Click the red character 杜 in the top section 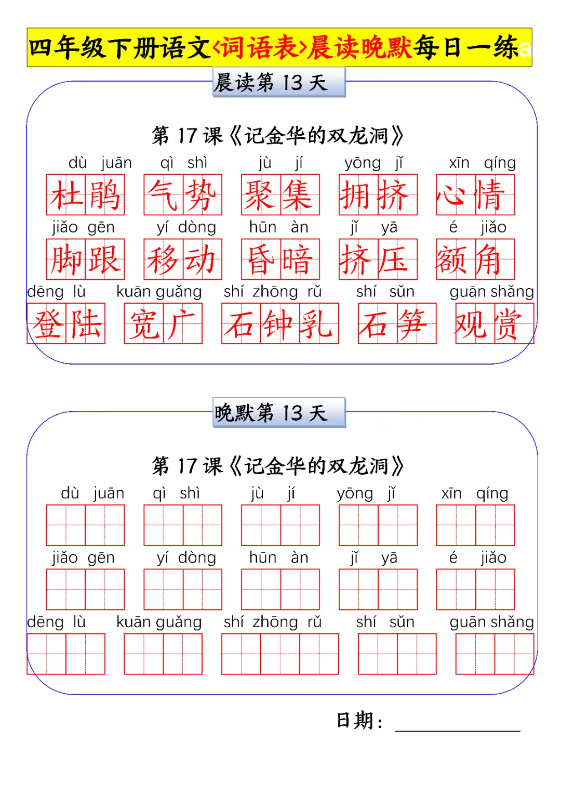[66, 195]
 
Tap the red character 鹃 [105, 195]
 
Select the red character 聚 [261, 195]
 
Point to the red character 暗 [300, 259]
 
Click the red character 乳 [319, 324]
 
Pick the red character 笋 [417, 324]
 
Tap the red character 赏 [514, 324]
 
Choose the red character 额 [456, 259]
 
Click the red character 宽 [144, 324]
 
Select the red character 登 [47, 324]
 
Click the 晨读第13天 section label [279, 83]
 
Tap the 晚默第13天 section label [279, 413]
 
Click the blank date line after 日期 [457, 723]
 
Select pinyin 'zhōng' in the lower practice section [275, 622]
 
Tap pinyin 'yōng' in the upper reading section [362, 163]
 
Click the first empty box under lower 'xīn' [456, 525]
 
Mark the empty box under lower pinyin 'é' [456, 590]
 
